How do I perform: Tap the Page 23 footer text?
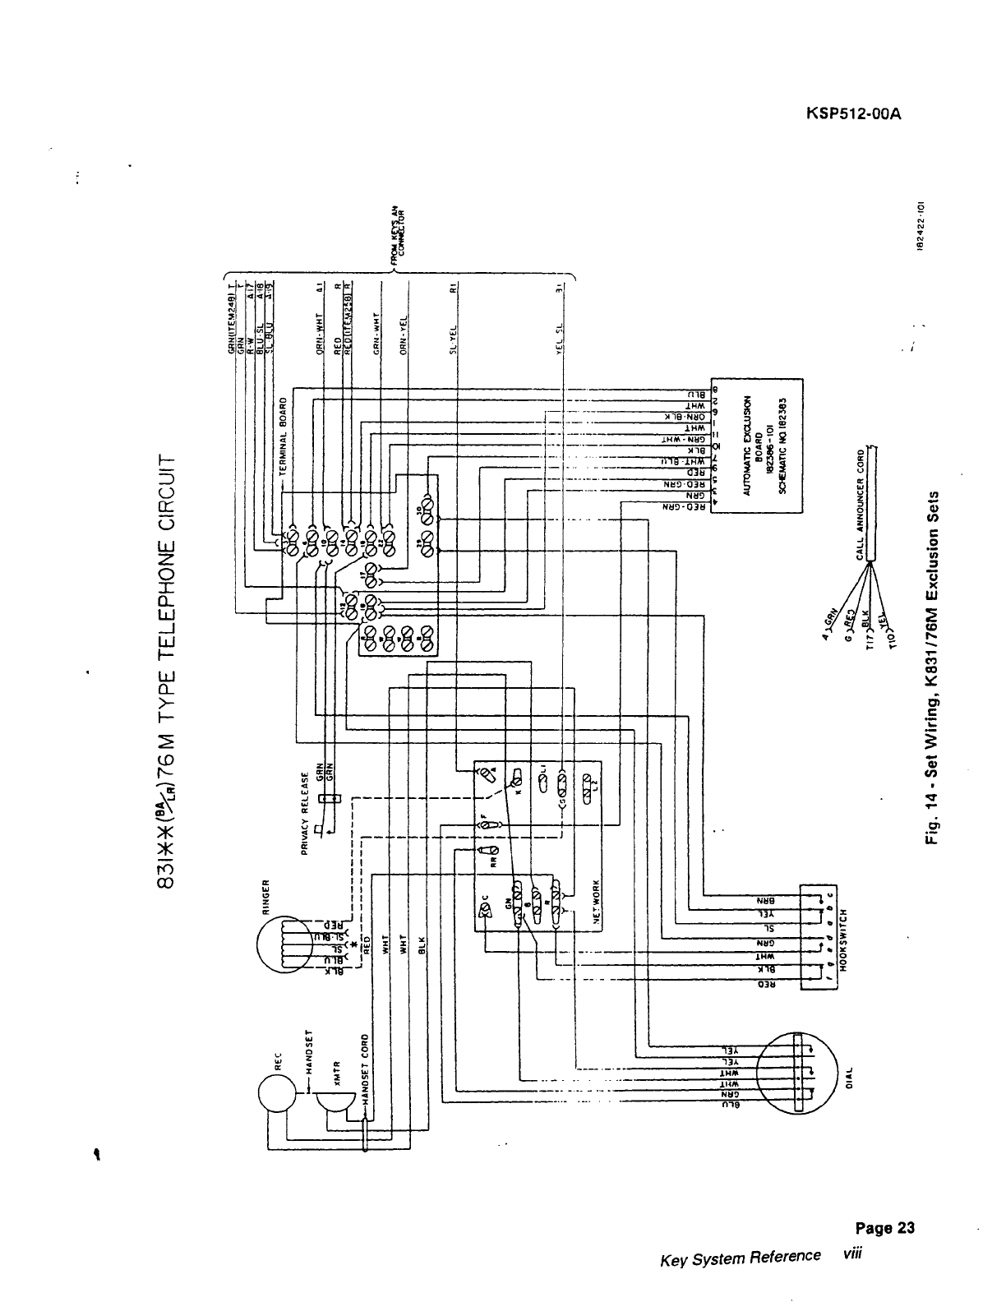884,1228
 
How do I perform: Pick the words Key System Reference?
740,1257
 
